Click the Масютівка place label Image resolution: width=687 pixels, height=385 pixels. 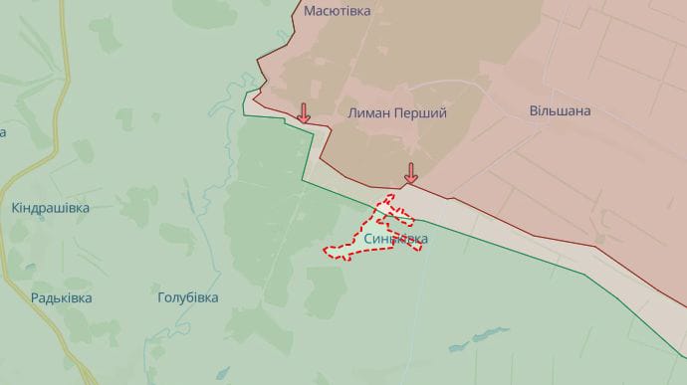point(337,11)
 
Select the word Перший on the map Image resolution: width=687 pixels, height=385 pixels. point(422,113)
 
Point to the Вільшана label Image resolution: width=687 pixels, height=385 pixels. point(560,110)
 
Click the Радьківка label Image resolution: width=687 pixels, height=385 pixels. point(62,297)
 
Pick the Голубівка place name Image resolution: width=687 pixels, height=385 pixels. point(188,297)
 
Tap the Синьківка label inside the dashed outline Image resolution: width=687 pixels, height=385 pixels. point(396,239)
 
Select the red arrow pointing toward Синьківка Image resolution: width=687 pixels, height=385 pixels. point(410,174)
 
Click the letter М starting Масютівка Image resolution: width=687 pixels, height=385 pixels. point(310,11)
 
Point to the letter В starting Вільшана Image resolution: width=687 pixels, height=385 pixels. point(533,110)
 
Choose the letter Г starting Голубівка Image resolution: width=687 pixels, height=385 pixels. point(162,297)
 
